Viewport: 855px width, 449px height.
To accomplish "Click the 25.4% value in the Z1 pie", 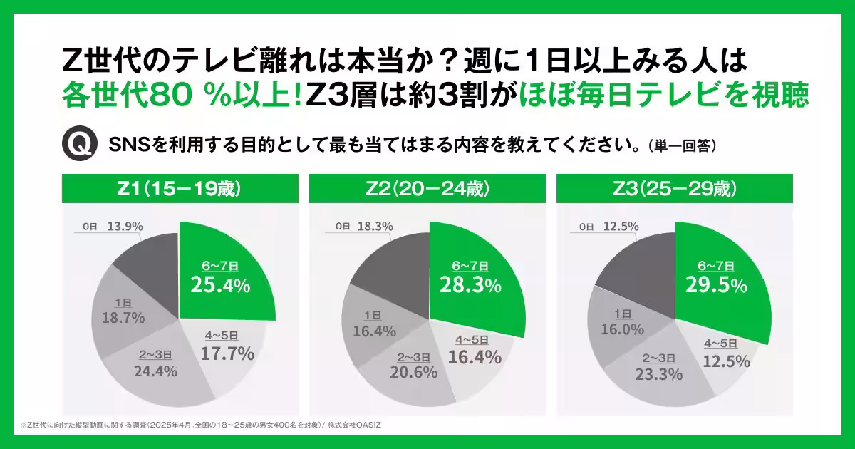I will [x=220, y=286].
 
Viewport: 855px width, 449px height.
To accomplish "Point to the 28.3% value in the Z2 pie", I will [x=471, y=286].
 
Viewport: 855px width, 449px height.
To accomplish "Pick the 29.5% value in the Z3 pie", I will [x=717, y=286].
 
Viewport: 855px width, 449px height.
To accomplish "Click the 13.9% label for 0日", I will [x=125, y=226].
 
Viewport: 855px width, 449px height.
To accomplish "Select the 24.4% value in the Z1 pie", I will [x=155, y=371].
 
